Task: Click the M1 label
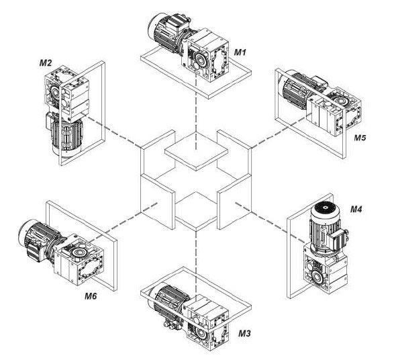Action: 240,52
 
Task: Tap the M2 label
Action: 46,63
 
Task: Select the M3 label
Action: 244,333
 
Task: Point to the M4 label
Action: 356,209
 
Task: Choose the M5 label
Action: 360,138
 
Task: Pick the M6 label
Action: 91,296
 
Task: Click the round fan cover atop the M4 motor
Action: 326,208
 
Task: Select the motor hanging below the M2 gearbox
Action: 66,136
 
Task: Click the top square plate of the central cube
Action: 196,151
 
